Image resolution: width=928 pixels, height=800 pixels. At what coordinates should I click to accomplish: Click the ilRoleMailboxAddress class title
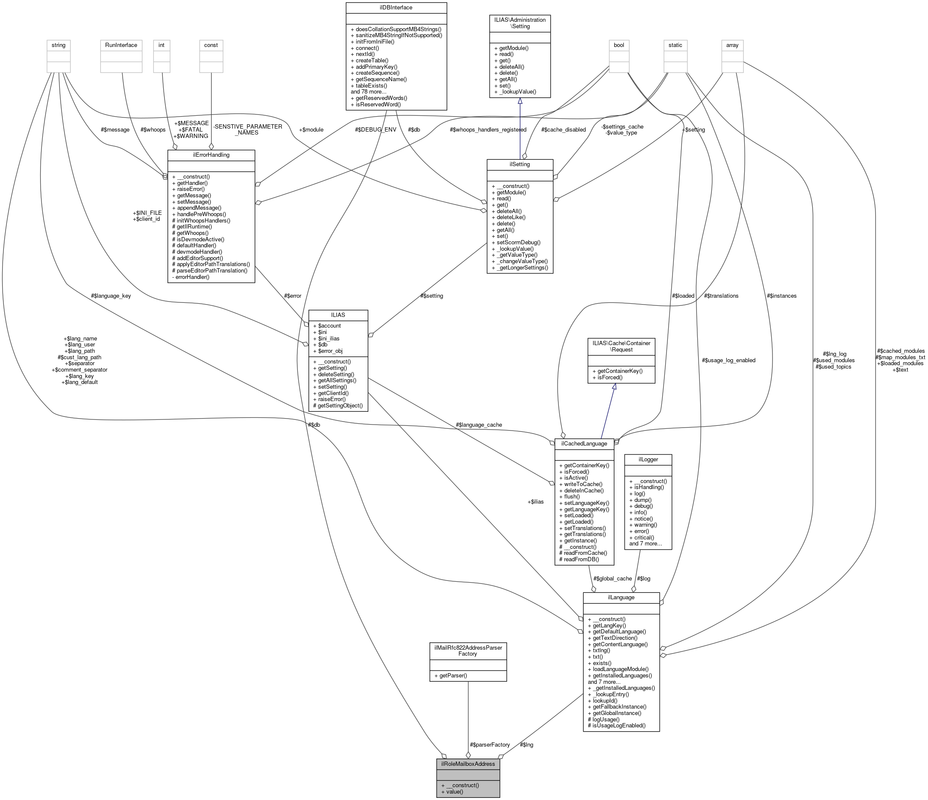click(x=467, y=764)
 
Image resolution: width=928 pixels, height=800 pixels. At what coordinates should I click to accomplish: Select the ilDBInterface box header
click(x=396, y=7)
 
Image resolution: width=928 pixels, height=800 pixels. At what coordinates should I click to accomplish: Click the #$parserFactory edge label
click(x=490, y=744)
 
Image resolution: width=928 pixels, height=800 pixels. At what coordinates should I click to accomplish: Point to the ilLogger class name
click(x=648, y=459)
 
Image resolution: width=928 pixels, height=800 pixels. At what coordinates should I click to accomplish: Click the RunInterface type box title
click(x=121, y=45)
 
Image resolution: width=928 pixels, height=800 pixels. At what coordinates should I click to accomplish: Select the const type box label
click(x=211, y=45)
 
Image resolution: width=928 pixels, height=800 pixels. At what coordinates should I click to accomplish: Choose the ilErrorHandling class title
click(x=211, y=155)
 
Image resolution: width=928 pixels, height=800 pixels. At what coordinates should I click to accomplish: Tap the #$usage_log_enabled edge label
click(x=729, y=360)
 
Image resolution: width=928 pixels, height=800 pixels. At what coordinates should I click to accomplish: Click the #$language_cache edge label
click(x=479, y=425)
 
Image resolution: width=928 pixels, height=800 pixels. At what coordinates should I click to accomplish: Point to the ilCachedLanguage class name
click(x=584, y=443)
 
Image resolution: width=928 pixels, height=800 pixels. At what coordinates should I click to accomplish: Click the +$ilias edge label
click(x=535, y=502)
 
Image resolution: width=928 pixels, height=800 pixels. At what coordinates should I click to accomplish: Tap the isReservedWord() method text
click(x=378, y=104)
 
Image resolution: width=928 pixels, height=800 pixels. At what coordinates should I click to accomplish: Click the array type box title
click(x=732, y=45)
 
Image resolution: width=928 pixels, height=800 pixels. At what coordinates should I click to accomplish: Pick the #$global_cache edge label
click(x=612, y=578)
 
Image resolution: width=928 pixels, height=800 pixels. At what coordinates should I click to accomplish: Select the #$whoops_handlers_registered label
click(x=488, y=130)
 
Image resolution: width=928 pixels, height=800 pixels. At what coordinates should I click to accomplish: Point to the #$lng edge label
click(x=526, y=744)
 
